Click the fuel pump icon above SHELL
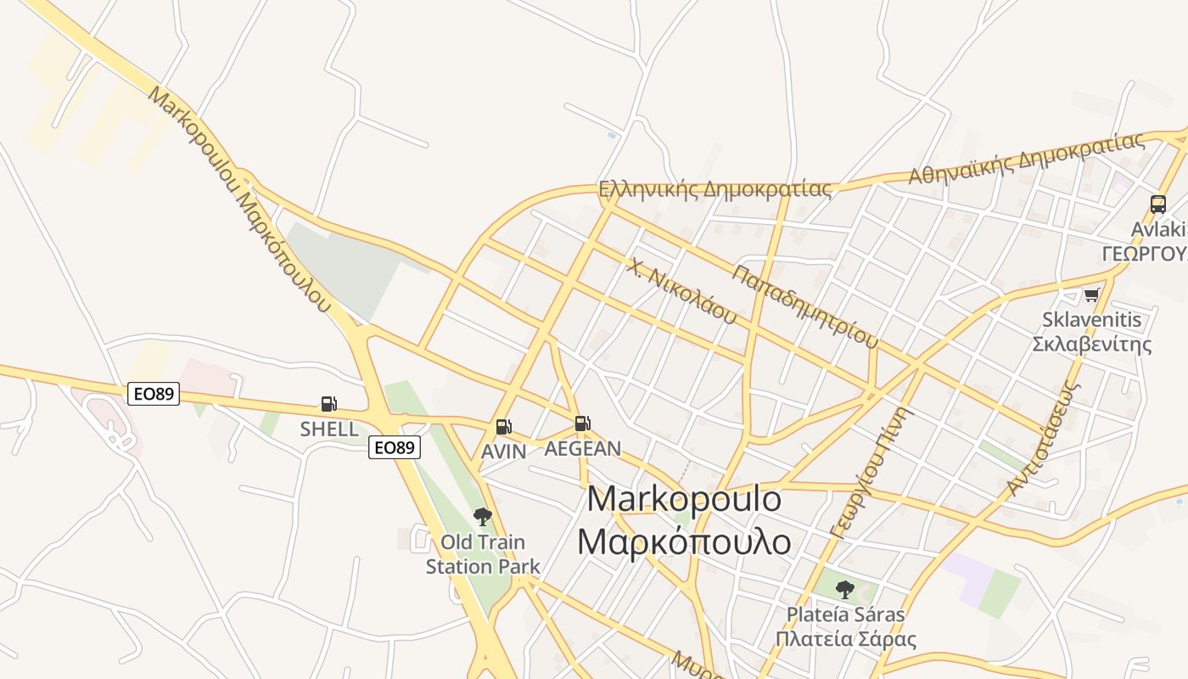[328, 404]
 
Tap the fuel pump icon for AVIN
[503, 426]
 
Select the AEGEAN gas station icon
[582, 423]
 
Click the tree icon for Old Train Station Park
[482, 516]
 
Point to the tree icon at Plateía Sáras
[844, 588]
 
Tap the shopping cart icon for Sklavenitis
[1091, 295]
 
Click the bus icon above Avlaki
[1157, 204]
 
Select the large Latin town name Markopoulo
[684, 499]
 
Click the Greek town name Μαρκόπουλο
[684, 542]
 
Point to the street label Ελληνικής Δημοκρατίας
[714, 189]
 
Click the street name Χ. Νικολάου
[682, 291]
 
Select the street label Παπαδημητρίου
[804, 306]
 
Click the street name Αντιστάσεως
[1044, 438]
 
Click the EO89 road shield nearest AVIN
[395, 447]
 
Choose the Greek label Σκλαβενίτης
[1091, 344]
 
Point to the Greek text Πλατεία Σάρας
[845, 639]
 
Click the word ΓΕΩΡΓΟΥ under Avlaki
[1144, 254]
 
